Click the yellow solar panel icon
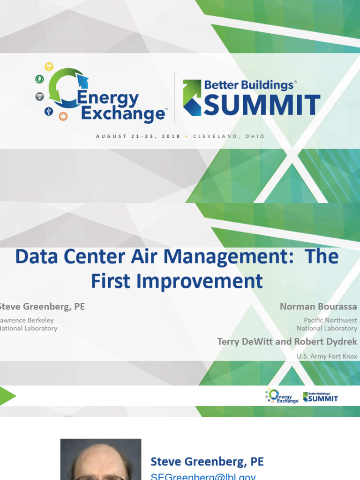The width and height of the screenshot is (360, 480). (x=48, y=66)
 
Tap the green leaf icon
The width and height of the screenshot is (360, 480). (x=39, y=79)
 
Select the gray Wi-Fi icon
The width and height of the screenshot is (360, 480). (x=39, y=97)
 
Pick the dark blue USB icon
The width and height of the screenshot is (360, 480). (x=48, y=111)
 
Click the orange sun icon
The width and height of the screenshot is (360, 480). (x=63, y=116)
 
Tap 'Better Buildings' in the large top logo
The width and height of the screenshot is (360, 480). (x=248, y=85)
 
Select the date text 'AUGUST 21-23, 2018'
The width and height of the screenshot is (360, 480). (x=138, y=136)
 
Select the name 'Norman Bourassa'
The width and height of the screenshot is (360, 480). (x=318, y=307)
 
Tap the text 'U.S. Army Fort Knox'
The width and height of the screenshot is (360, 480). (x=327, y=356)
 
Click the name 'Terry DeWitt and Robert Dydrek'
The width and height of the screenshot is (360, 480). (x=287, y=341)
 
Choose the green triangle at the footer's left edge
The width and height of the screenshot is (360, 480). (x=7, y=397)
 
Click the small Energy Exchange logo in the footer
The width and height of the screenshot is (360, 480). (x=282, y=396)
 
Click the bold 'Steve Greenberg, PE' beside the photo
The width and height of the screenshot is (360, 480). (x=207, y=462)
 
